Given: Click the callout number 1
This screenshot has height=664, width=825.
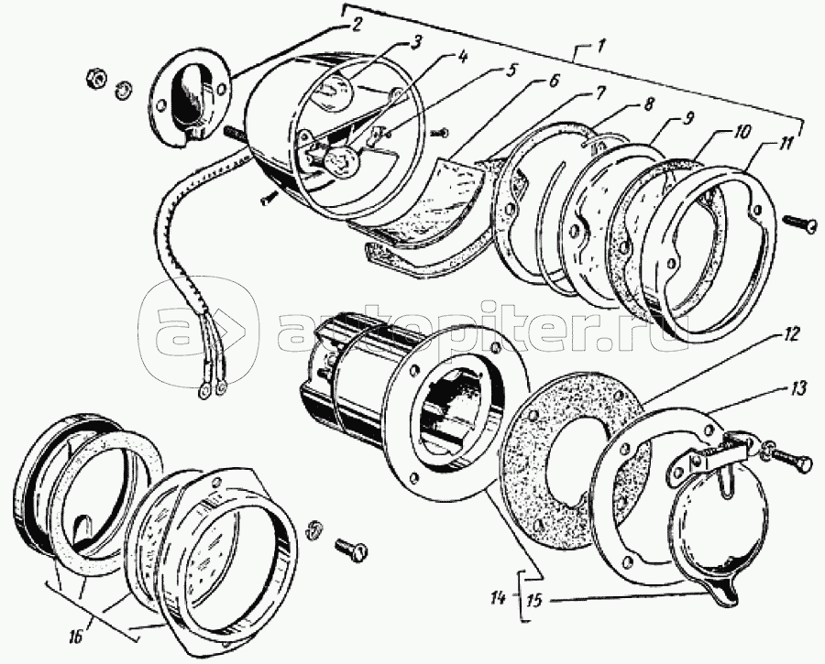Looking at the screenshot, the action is pyautogui.click(x=599, y=47).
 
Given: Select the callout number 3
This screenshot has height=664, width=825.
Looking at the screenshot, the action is pyautogui.click(x=415, y=42).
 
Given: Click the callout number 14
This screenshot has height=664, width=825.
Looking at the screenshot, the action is pyautogui.click(x=498, y=597).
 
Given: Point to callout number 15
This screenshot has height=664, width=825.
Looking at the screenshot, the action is pyautogui.click(x=534, y=600).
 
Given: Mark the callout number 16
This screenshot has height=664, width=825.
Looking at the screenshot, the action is pyautogui.click(x=75, y=637).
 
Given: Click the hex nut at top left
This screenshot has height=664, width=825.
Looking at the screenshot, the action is pyautogui.click(x=97, y=77).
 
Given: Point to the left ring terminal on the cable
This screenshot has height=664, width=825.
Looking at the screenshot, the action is pyautogui.click(x=203, y=389).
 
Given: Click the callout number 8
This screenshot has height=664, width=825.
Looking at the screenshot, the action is pyautogui.click(x=646, y=103).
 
